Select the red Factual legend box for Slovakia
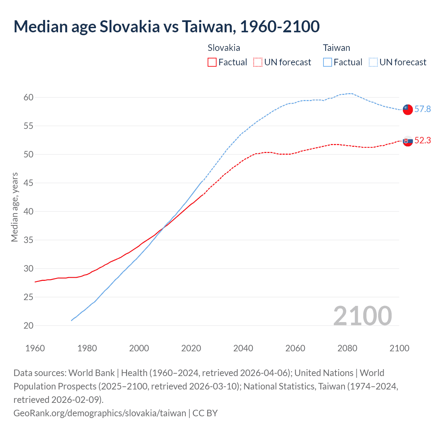tap(212, 62)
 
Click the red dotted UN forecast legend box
tap(258, 62)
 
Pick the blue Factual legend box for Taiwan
tap(328, 62)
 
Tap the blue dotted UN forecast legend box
tap(373, 62)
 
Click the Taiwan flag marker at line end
tap(408, 109)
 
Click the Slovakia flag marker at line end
tap(408, 141)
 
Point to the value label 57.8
tap(422, 109)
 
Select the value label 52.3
tap(422, 141)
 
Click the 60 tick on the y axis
tap(29, 98)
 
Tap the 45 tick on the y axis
tap(29, 183)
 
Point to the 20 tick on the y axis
tap(29, 326)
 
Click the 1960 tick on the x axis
tap(35, 348)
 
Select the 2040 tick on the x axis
tap(243, 348)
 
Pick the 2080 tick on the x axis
tap(347, 348)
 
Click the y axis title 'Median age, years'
tap(14, 207)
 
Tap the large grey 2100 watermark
tap(362, 316)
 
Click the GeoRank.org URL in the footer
tap(100, 413)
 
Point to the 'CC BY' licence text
tap(205, 413)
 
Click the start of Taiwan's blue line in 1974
tap(71, 320)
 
